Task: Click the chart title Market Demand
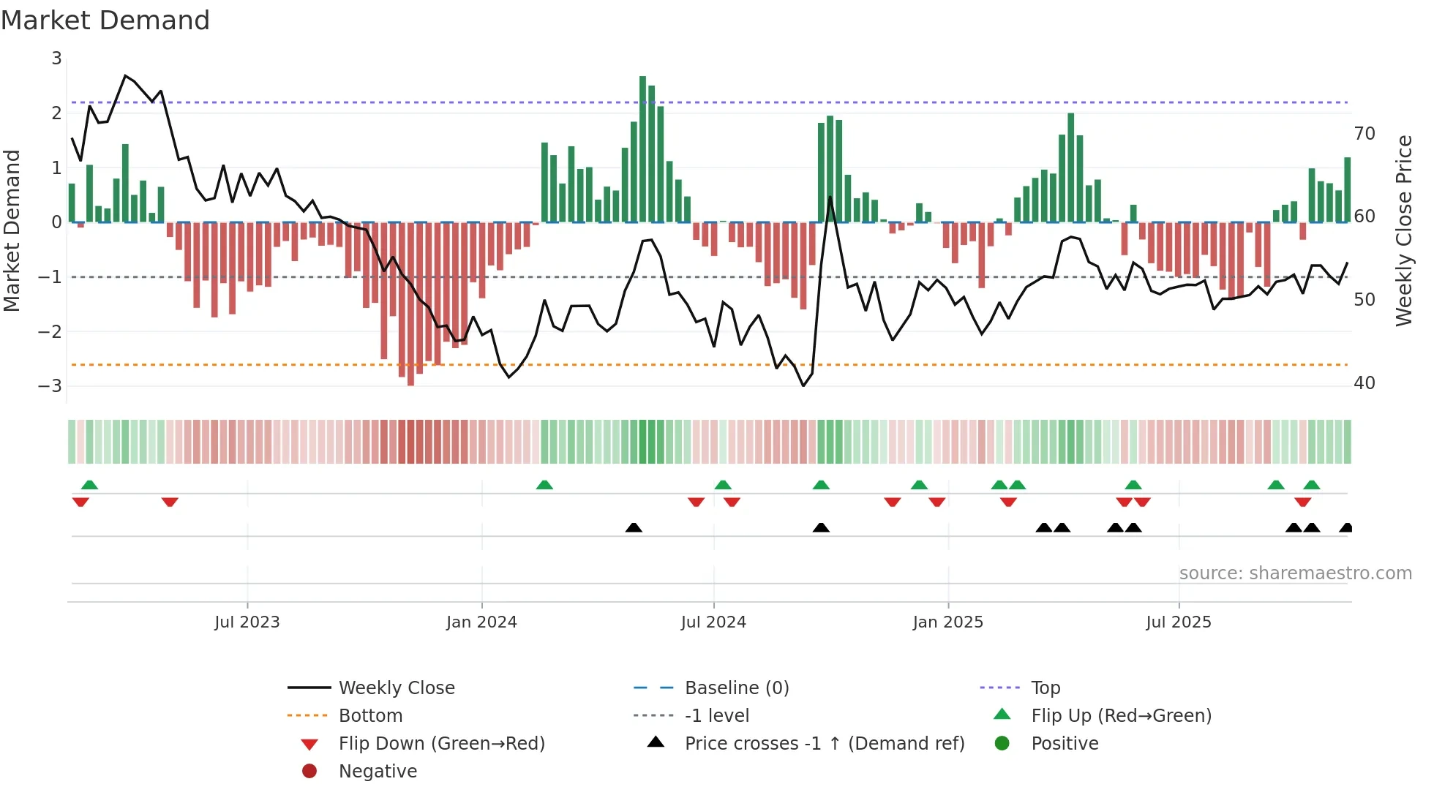(x=105, y=20)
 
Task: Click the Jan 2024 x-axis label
(x=481, y=622)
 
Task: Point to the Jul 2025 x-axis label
(x=1179, y=622)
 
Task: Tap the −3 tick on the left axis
(x=50, y=385)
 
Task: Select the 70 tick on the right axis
(x=1364, y=134)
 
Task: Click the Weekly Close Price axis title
(x=1403, y=230)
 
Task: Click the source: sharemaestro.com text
(x=1295, y=573)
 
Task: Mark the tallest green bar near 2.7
(x=642, y=146)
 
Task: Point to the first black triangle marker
(x=634, y=527)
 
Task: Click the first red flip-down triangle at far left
(x=80, y=502)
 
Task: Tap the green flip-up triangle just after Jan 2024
(x=544, y=485)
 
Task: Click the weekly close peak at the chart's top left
(x=126, y=76)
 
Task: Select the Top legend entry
(x=1045, y=688)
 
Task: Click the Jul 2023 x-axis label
(x=247, y=622)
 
